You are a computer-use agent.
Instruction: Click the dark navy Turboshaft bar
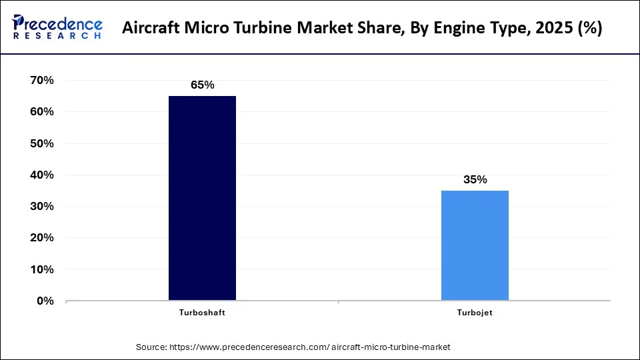[x=202, y=198]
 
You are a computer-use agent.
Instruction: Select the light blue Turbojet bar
[x=475, y=245]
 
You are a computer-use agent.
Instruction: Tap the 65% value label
[x=202, y=85]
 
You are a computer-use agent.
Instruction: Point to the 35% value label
[x=475, y=179]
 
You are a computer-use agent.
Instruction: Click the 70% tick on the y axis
[x=42, y=80]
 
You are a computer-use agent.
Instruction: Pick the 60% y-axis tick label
[x=42, y=111]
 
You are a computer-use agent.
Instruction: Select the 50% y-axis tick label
[x=42, y=143]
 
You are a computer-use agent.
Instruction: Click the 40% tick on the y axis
[x=42, y=175]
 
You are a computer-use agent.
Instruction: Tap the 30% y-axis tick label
[x=42, y=206]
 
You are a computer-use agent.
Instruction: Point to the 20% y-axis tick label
[x=42, y=237]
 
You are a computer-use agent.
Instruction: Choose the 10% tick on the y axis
[x=42, y=269]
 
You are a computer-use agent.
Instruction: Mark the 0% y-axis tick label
[x=45, y=301]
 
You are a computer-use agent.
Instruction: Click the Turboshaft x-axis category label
[x=202, y=313]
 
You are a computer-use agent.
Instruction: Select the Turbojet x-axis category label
[x=475, y=313]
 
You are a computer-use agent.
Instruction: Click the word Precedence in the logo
[x=63, y=24]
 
